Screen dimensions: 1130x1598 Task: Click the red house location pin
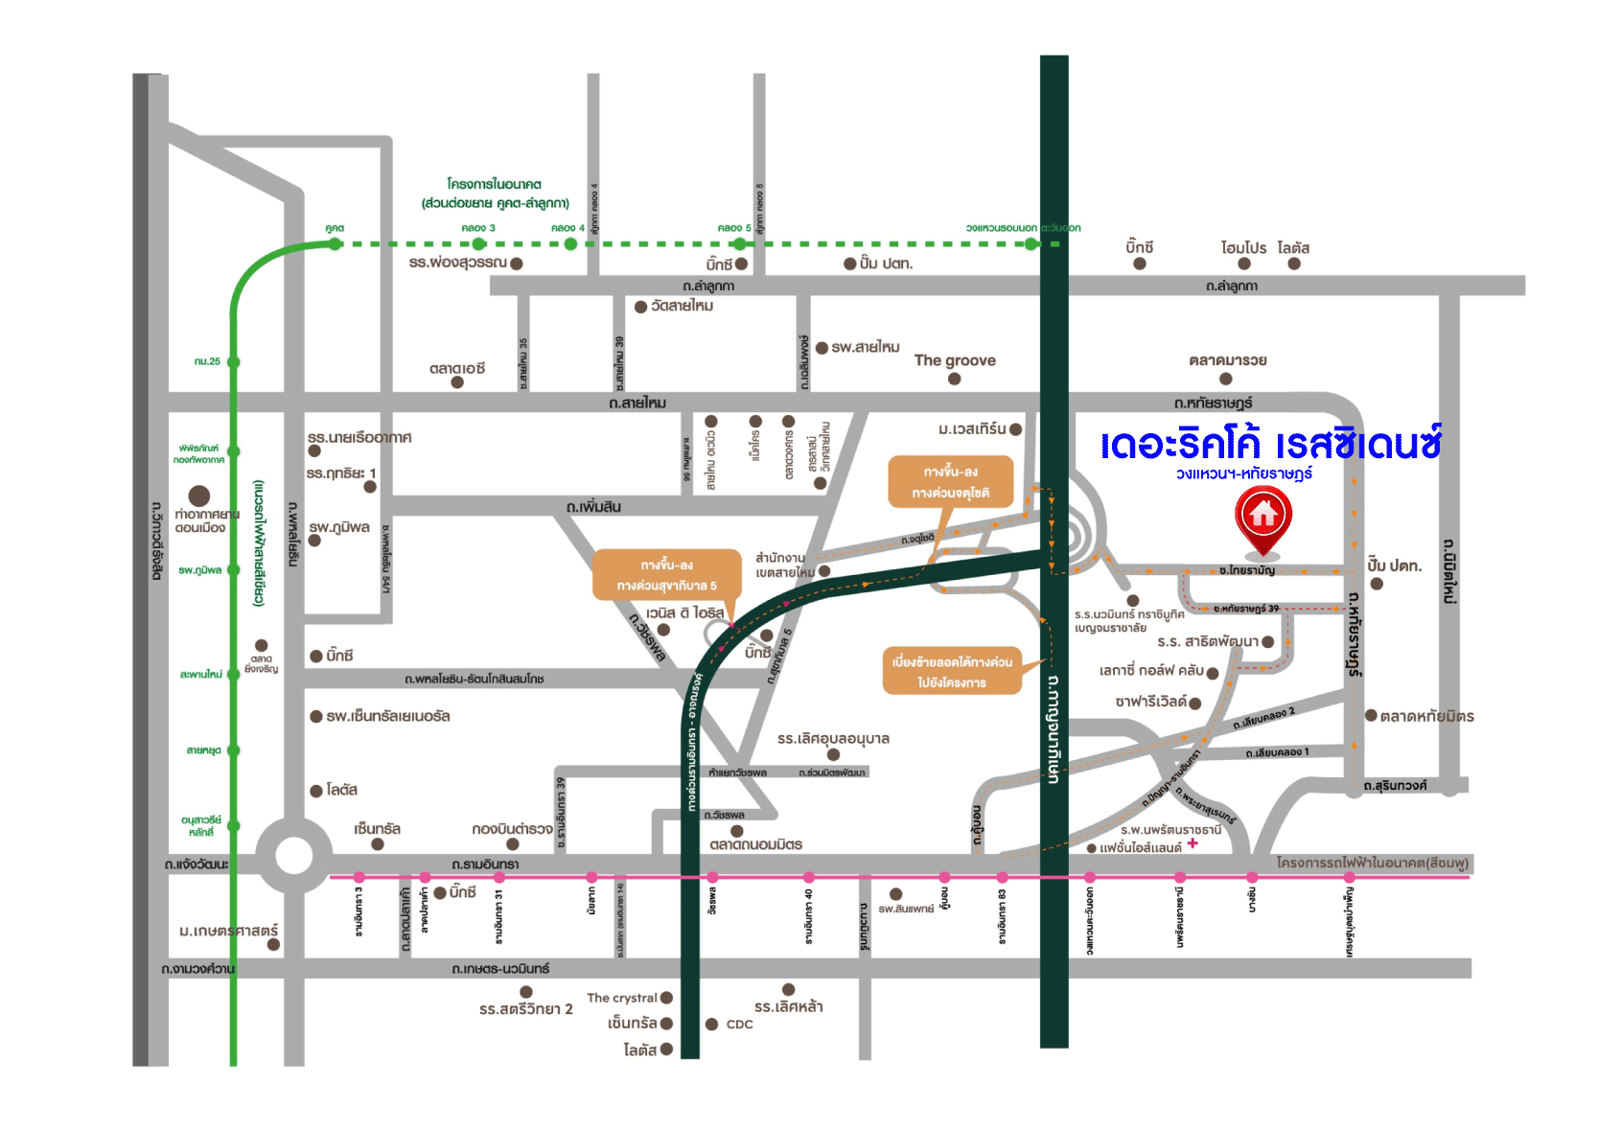pos(1263,518)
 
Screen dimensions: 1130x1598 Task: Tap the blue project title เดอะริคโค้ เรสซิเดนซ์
pos(1271,445)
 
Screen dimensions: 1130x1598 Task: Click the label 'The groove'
pos(955,360)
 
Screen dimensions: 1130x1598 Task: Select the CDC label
pos(739,1025)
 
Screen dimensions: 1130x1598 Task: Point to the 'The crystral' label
pos(622,998)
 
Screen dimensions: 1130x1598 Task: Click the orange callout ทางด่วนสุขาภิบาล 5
pos(667,575)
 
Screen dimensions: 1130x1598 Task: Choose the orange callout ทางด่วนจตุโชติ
pos(951,482)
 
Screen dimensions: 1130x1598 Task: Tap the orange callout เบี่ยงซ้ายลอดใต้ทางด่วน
pos(952,672)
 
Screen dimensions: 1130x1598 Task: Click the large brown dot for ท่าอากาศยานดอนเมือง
pos(199,496)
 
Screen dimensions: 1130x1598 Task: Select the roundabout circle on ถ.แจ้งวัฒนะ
pos(293,856)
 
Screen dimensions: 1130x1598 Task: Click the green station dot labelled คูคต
pos(335,243)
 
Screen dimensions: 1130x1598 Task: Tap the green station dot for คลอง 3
pos(478,243)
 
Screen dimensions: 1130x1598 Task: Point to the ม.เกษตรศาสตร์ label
pos(228,931)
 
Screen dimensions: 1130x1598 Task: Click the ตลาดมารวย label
pos(1228,360)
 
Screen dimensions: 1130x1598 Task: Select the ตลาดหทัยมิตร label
pos(1426,716)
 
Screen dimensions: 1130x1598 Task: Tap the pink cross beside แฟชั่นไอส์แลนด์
pos(1193,843)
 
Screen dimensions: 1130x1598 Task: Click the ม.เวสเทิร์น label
pos(972,429)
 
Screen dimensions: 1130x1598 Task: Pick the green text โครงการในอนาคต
pos(495,184)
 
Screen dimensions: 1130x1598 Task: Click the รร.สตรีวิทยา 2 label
pos(526,1009)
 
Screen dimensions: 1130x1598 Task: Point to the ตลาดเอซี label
pos(457,368)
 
